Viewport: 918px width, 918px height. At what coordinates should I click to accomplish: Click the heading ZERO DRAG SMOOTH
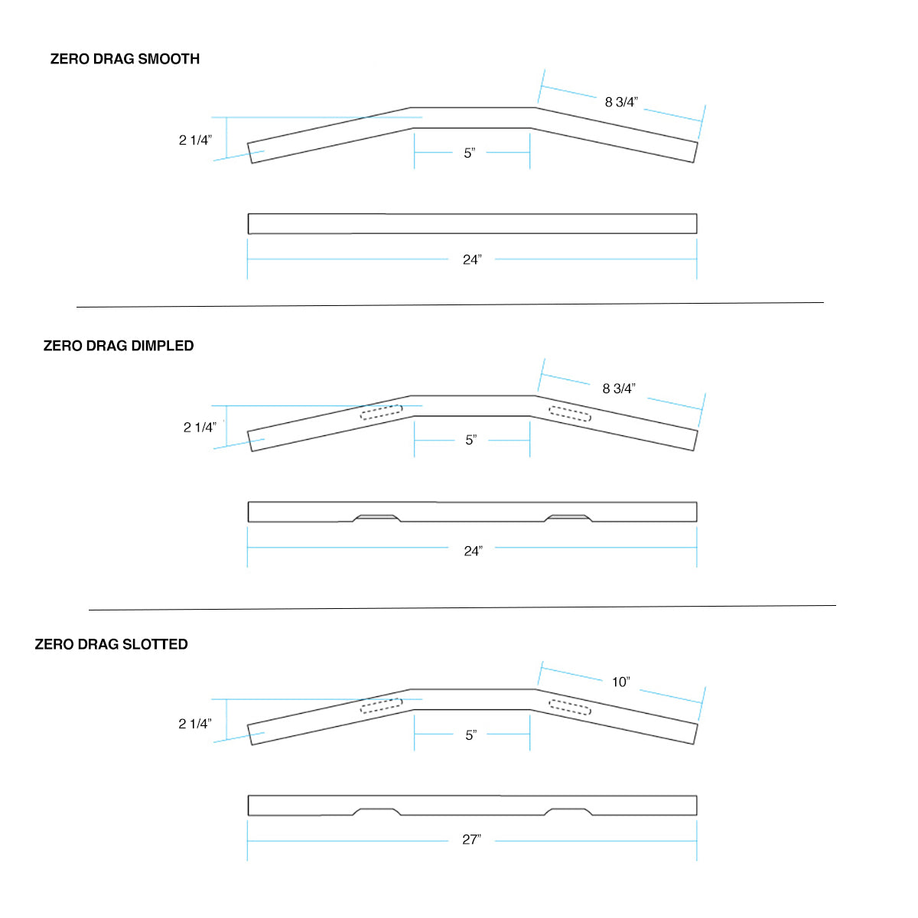click(x=125, y=59)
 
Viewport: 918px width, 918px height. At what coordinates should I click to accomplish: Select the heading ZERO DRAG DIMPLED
click(x=119, y=346)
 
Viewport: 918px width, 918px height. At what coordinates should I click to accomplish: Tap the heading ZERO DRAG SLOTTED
click(x=111, y=644)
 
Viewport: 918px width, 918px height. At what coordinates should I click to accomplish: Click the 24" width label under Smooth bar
click(x=472, y=259)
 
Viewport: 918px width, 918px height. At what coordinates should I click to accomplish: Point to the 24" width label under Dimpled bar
click(x=473, y=551)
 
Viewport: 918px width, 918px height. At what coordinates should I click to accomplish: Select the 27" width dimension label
click(x=471, y=839)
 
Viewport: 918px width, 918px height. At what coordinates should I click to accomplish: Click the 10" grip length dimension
click(x=620, y=682)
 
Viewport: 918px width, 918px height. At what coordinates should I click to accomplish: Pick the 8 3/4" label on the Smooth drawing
click(x=621, y=102)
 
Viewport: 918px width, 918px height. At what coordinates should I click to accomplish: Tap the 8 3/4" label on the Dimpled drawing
click(x=619, y=389)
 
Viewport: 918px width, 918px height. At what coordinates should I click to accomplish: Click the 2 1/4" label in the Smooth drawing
click(x=195, y=140)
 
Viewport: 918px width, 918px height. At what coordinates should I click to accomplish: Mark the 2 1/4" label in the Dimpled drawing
click(x=200, y=427)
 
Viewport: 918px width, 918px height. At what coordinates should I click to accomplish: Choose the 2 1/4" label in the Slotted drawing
click(x=195, y=724)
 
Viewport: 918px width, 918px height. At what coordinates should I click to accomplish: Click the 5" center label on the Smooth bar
click(x=470, y=153)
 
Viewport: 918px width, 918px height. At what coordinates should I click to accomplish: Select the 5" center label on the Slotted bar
click(x=471, y=735)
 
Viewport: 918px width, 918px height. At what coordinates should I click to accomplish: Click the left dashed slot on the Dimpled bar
click(x=381, y=412)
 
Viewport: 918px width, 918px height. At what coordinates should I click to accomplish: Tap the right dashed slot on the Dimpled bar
click(x=570, y=414)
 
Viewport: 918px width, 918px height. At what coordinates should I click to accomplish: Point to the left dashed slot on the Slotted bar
click(x=381, y=706)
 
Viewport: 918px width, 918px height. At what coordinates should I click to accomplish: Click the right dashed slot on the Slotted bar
click(x=570, y=708)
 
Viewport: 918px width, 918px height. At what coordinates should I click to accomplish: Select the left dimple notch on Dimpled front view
click(x=376, y=518)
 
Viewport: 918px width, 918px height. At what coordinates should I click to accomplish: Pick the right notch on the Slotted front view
click(x=568, y=811)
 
